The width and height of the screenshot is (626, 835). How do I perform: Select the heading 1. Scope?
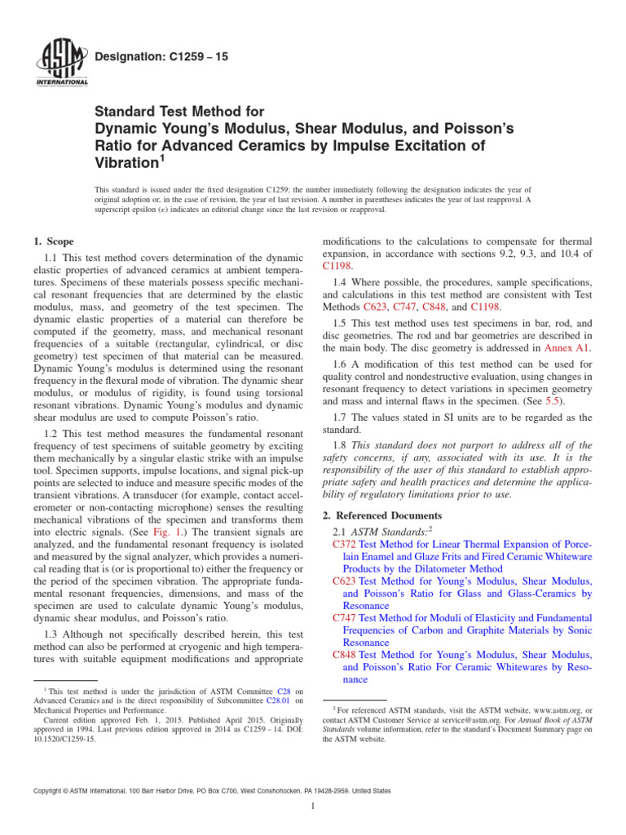click(53, 241)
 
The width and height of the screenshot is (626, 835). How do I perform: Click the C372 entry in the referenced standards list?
click(345, 543)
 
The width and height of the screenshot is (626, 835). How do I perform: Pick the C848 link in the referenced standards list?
click(345, 654)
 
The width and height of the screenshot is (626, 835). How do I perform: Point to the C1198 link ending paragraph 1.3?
click(338, 265)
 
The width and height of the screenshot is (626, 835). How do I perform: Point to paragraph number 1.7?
click(342, 417)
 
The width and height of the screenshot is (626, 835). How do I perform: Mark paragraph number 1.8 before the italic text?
click(342, 445)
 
